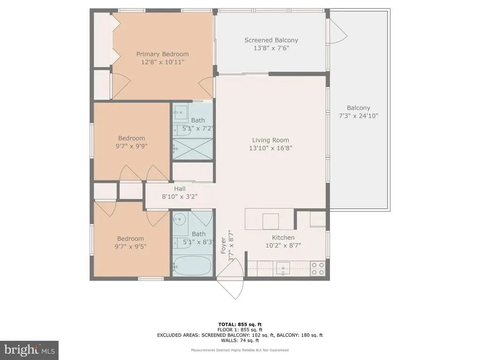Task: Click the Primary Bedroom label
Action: tap(162, 54)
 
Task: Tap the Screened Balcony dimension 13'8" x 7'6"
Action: tap(271, 48)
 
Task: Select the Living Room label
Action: tap(270, 140)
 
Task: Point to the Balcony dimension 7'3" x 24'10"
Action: tap(359, 116)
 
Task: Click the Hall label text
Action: tap(180, 188)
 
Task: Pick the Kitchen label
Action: tap(283, 238)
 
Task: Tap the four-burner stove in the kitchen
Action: tap(317, 269)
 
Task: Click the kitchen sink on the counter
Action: tap(283, 269)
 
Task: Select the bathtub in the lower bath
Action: tap(192, 266)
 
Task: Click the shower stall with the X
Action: tap(193, 149)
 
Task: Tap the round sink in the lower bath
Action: tap(180, 219)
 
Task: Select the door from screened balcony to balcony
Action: tap(338, 31)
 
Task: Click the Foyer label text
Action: tap(223, 246)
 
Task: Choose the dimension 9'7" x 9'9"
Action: tap(131, 146)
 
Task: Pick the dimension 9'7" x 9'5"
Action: tap(130, 247)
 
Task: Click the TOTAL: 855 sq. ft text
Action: tap(240, 324)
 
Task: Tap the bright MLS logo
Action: tap(30, 350)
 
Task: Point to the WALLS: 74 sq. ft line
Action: tap(240, 340)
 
